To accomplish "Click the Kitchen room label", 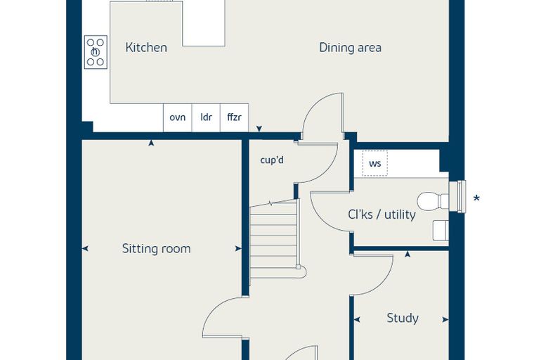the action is (x=146, y=47).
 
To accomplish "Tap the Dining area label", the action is (x=350, y=47).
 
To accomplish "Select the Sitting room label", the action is (x=156, y=248).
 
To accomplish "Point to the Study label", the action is (x=403, y=318).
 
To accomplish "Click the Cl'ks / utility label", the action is (x=382, y=214).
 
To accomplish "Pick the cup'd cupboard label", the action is (x=272, y=160).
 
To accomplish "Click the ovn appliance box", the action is (x=178, y=117).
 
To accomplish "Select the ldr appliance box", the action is (x=206, y=117).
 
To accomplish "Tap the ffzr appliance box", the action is (x=234, y=117).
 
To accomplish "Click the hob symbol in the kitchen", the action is (x=96, y=52).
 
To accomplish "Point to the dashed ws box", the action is (x=375, y=163).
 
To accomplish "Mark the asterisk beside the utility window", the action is (x=476, y=198).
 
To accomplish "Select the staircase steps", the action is (x=274, y=238).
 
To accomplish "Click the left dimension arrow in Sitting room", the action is (x=85, y=248).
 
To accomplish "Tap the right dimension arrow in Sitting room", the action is (x=238, y=248).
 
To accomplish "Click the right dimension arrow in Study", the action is (x=445, y=319).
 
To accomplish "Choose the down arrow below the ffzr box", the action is (x=259, y=129).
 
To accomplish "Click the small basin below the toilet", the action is (x=441, y=231).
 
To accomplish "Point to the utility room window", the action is (x=457, y=197).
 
